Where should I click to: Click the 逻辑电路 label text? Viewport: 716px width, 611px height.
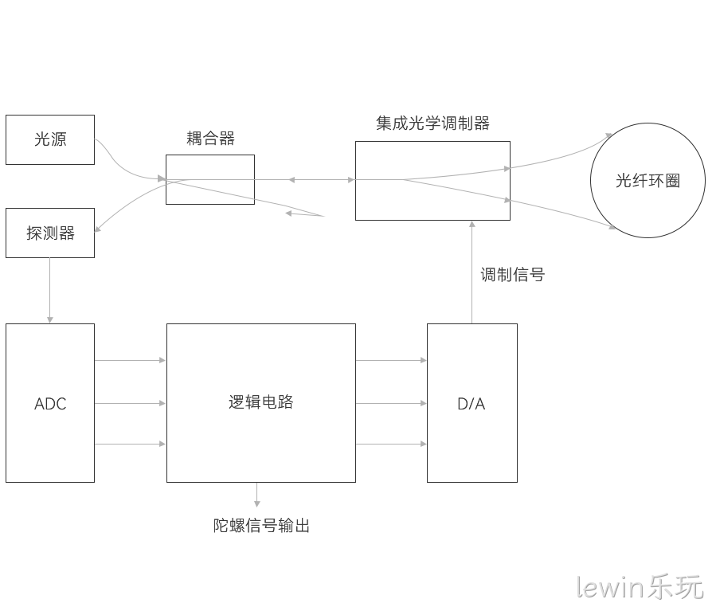[260, 401]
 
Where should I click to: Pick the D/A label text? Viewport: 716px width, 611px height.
[471, 404]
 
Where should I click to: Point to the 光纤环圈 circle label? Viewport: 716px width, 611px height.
[648, 181]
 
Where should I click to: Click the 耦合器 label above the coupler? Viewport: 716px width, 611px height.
[210, 138]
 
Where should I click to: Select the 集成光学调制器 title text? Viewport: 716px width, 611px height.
[433, 123]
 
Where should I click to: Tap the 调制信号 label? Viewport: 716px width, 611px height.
[512, 275]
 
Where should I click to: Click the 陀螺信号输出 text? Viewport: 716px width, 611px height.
[261, 526]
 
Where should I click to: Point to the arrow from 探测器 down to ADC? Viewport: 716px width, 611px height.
[49, 291]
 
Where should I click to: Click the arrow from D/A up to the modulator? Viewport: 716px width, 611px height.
[472, 272]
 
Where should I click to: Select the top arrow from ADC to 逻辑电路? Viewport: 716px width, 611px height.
[130, 360]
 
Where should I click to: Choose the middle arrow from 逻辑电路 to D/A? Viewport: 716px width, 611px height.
[391, 403]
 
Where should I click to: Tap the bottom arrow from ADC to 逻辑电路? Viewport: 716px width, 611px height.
[130, 444]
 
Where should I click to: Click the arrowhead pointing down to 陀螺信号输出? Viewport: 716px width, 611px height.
[257, 503]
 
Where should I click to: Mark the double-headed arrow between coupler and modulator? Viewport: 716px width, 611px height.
[322, 180]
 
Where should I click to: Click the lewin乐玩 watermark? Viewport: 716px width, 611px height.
[640, 587]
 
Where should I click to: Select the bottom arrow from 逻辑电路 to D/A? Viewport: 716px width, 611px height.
[391, 444]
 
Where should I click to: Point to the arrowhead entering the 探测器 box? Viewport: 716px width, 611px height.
[97, 229]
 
